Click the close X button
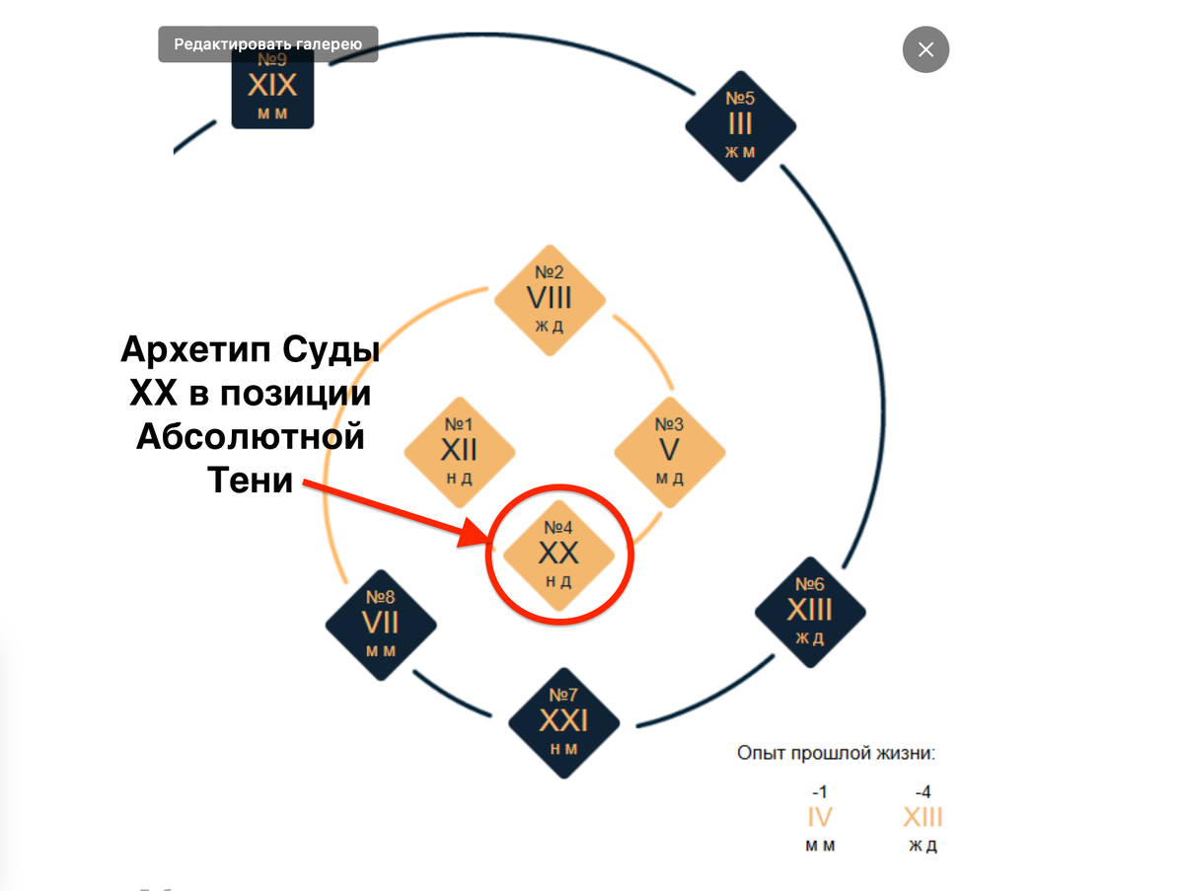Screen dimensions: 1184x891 925,49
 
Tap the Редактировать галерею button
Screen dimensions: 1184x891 268,44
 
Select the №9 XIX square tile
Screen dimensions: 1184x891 272,89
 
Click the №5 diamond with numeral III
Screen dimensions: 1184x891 741,126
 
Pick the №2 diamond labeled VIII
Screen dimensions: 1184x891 550,300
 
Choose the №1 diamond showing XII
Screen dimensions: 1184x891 460,453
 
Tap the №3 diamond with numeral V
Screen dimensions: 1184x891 669,453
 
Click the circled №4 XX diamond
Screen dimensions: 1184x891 558,556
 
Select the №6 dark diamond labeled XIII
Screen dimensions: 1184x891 810,612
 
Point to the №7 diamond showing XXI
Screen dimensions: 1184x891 563,723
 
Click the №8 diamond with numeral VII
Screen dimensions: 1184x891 381,626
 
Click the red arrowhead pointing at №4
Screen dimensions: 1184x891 474,533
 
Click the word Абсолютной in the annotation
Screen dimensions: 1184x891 251,436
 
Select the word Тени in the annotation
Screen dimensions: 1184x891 250,480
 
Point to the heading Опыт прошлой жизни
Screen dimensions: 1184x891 836,753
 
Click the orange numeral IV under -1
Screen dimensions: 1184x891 820,817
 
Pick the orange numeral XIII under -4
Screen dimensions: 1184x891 923,817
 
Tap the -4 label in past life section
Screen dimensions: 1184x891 923,791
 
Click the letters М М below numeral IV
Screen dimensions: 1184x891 820,846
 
